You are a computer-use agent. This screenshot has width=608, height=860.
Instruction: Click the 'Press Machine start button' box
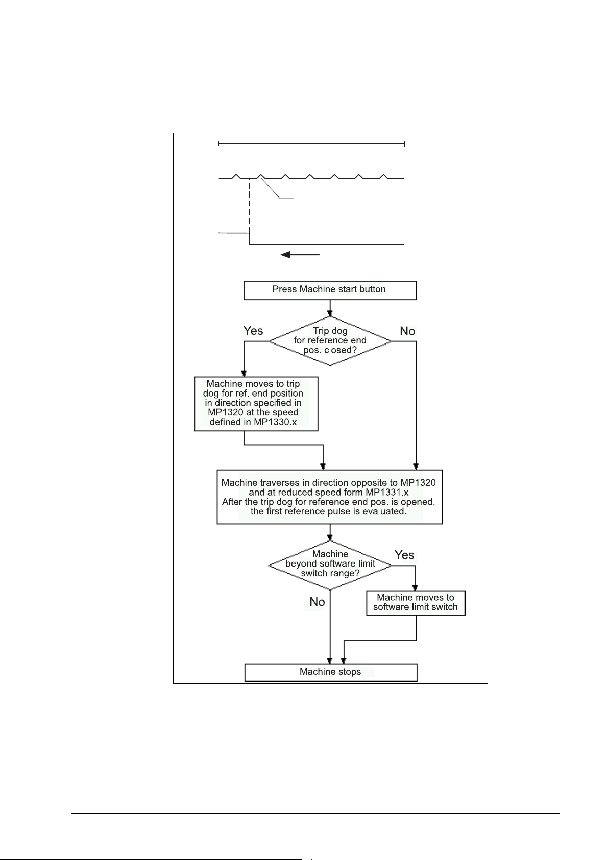pyautogui.click(x=330, y=290)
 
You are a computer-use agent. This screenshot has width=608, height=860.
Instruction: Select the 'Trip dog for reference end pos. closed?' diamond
pyautogui.click(x=330, y=340)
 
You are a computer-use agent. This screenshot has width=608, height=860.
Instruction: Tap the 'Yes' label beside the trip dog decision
pyautogui.click(x=253, y=331)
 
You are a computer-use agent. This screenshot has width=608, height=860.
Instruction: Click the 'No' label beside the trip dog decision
pyautogui.click(x=407, y=331)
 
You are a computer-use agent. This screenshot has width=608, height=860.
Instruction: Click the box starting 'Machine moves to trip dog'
pyautogui.click(x=256, y=403)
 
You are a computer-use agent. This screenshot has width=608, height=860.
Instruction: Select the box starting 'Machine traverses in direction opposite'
pyautogui.click(x=329, y=497)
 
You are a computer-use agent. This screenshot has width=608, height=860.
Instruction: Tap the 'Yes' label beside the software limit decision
pyautogui.click(x=404, y=555)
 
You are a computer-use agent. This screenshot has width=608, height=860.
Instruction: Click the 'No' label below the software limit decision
pyautogui.click(x=317, y=602)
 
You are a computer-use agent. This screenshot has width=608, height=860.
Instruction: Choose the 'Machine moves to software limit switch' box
pyautogui.click(x=416, y=602)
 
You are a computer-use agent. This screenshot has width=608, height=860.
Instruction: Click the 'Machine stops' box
pyautogui.click(x=331, y=672)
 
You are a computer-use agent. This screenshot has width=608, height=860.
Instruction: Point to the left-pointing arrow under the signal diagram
pyautogui.click(x=300, y=254)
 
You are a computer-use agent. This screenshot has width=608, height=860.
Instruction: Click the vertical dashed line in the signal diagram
pyautogui.click(x=249, y=209)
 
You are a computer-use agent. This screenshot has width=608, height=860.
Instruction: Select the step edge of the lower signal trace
pyautogui.click(x=249, y=239)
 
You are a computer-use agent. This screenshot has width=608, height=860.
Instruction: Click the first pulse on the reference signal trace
pyautogui.click(x=236, y=176)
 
